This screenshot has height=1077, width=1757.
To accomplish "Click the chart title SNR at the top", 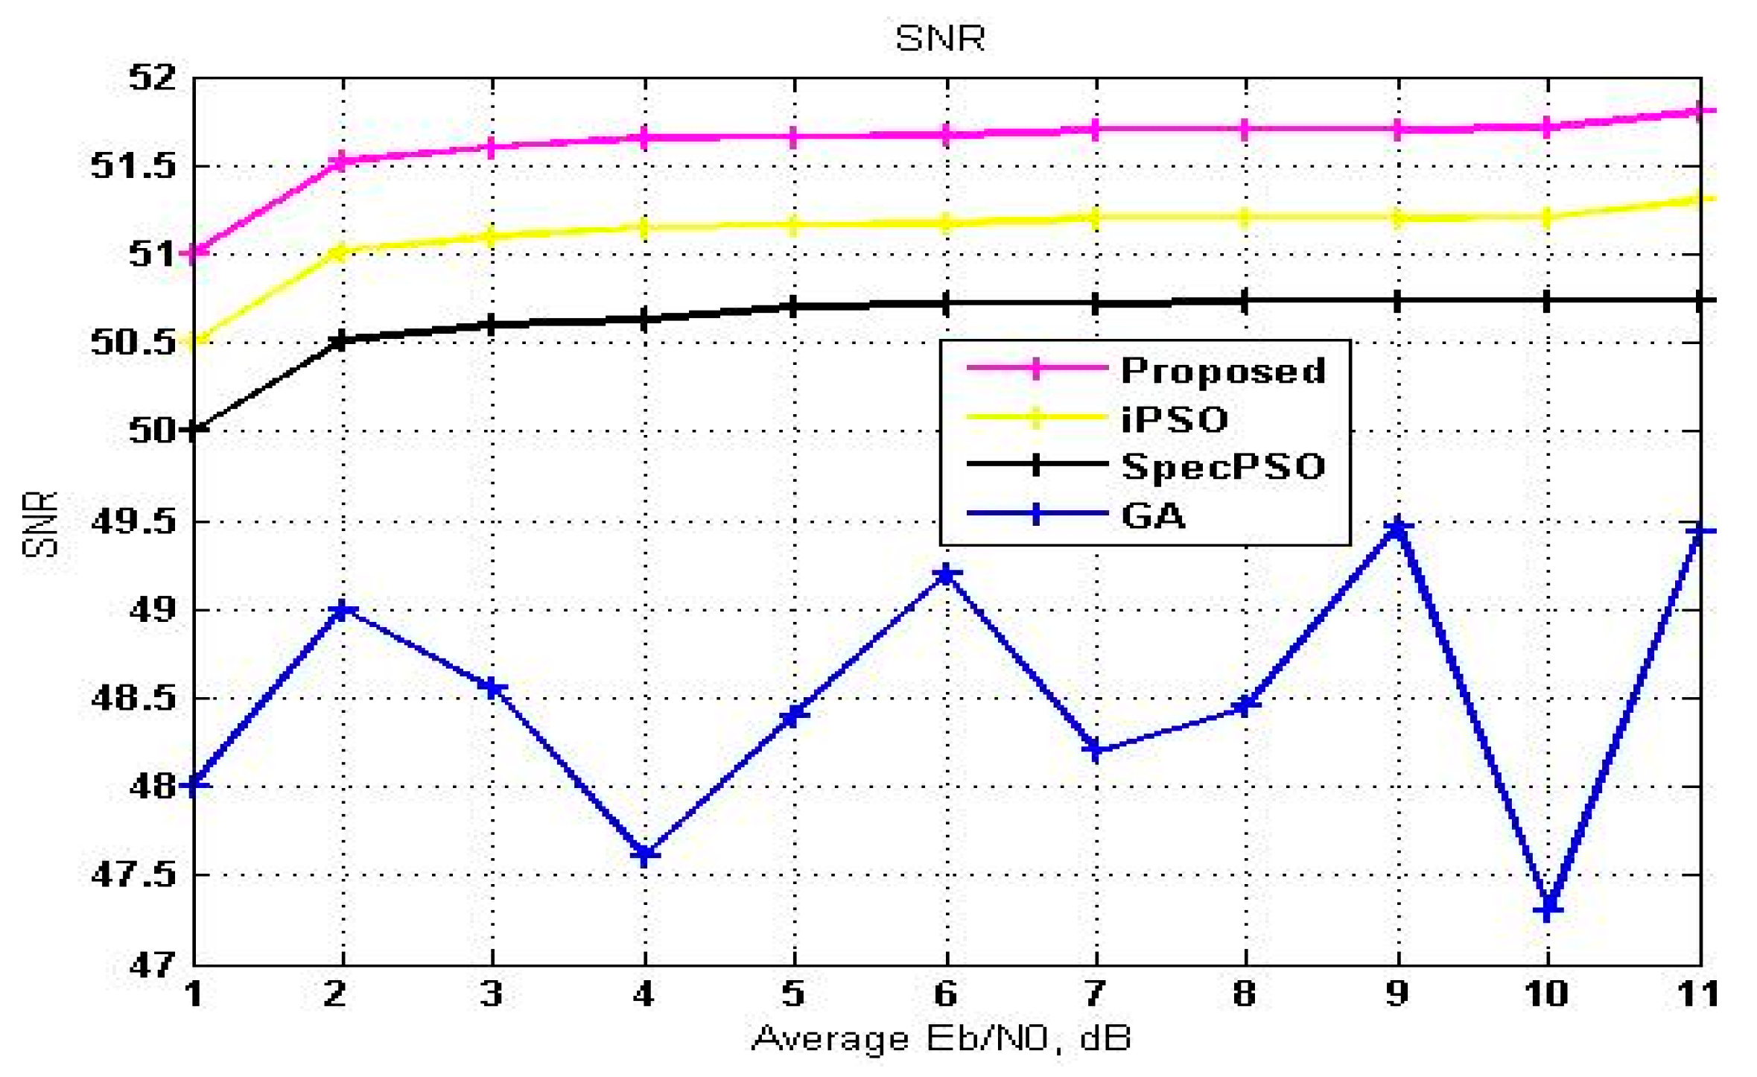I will click(940, 38).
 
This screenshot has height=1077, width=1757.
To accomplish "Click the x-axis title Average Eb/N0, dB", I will click(941, 1038).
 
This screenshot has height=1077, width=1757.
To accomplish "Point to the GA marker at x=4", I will click(644, 855).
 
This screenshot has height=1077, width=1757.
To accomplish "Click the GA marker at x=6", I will click(946, 575).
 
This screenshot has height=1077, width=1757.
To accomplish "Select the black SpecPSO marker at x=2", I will click(342, 341).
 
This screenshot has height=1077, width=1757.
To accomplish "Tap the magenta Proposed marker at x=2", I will click(342, 161).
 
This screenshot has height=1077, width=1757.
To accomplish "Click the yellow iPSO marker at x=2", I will click(342, 253).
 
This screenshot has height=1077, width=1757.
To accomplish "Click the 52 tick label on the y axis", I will click(152, 77).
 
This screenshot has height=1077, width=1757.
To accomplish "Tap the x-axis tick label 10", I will click(1547, 994).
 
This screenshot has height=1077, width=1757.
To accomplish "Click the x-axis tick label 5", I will click(794, 994).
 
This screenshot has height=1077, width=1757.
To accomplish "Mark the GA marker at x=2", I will click(342, 611).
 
